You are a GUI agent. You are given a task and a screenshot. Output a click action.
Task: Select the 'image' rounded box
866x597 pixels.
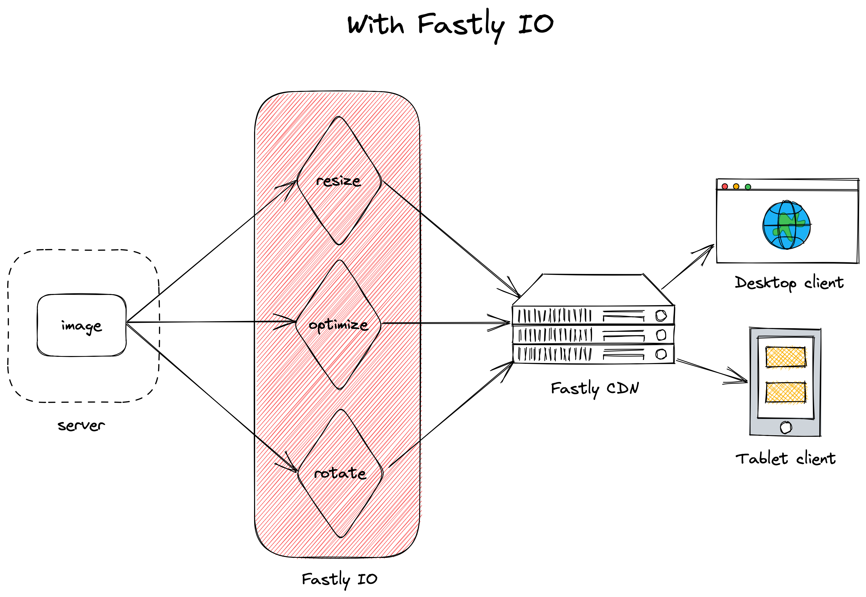pyautogui.click(x=81, y=325)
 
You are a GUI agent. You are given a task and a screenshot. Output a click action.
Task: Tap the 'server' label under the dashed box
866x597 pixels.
pyautogui.click(x=81, y=425)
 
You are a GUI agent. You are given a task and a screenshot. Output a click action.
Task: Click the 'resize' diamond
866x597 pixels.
pyautogui.click(x=339, y=181)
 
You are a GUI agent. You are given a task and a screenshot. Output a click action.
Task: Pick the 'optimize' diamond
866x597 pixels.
pyautogui.click(x=339, y=325)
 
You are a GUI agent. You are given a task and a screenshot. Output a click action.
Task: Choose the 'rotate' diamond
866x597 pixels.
pyautogui.click(x=340, y=473)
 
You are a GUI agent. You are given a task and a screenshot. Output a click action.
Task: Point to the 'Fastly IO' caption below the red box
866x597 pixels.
pyautogui.click(x=339, y=579)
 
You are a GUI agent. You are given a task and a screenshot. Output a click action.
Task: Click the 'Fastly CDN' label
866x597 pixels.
pyautogui.click(x=595, y=388)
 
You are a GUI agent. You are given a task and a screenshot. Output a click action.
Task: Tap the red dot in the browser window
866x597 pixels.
pyautogui.click(x=725, y=186)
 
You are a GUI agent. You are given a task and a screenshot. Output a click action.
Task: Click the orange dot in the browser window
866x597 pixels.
pyautogui.click(x=736, y=186)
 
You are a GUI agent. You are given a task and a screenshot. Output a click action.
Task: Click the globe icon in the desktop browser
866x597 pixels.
pyautogui.click(x=786, y=225)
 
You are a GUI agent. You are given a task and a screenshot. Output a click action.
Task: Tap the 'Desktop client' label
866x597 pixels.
pyautogui.click(x=789, y=283)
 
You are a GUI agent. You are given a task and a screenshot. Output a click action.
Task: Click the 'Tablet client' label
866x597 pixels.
pyautogui.click(x=785, y=459)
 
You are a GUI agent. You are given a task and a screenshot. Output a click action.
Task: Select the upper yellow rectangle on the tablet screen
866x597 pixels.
pyautogui.click(x=786, y=357)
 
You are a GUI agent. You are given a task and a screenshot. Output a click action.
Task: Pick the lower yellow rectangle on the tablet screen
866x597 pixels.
pyautogui.click(x=786, y=392)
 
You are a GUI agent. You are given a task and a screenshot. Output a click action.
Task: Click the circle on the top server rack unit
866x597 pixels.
pyautogui.click(x=661, y=316)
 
